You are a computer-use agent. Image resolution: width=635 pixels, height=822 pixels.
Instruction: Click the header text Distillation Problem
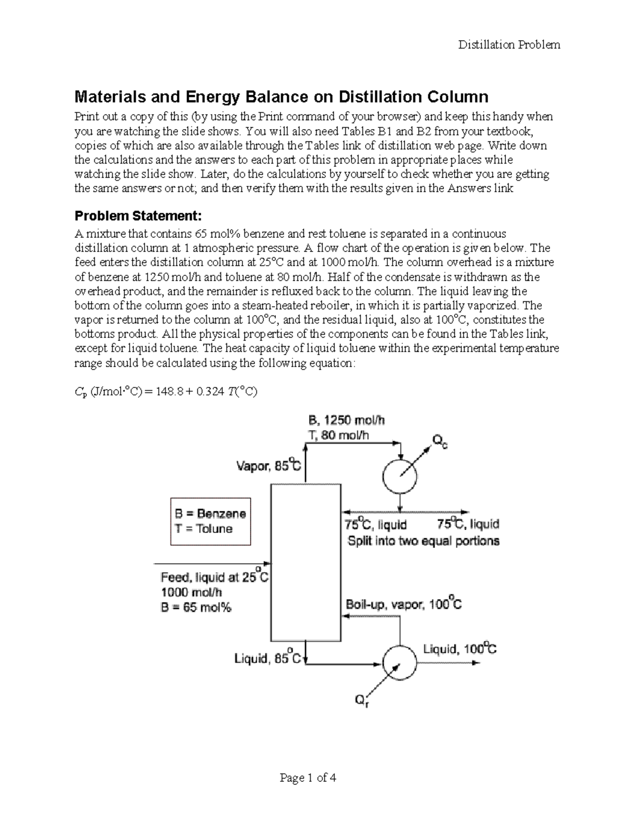coord(509,45)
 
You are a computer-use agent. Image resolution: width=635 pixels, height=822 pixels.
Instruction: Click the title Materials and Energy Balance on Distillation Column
coord(281,97)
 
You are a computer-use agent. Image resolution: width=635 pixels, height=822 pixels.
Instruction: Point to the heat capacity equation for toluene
coord(166,392)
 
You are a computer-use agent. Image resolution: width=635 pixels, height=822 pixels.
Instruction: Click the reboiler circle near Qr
coord(400,663)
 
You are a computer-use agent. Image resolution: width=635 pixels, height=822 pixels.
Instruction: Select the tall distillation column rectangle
coord(305,563)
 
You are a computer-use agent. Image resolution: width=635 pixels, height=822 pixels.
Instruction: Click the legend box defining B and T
coord(210,521)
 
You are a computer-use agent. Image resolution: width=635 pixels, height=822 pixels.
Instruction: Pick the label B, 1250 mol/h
coord(347,421)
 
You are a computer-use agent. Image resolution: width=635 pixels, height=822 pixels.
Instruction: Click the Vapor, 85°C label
coord(268,466)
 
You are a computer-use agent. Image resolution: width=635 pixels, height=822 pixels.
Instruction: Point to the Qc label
coord(440,441)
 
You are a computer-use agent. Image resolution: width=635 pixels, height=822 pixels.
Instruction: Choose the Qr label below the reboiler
coord(361,701)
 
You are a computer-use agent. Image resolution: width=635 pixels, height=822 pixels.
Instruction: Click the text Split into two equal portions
coord(423,541)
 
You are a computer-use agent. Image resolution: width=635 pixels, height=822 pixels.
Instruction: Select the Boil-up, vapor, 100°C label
coord(404,604)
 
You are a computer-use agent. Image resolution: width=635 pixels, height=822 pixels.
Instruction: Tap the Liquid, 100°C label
coord(459,649)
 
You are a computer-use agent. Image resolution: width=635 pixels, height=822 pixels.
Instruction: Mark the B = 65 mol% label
coord(196,608)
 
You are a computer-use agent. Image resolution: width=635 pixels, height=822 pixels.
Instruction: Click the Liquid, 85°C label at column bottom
coord(268,658)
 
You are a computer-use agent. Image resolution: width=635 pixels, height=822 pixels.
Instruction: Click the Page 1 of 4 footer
coord(308,778)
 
